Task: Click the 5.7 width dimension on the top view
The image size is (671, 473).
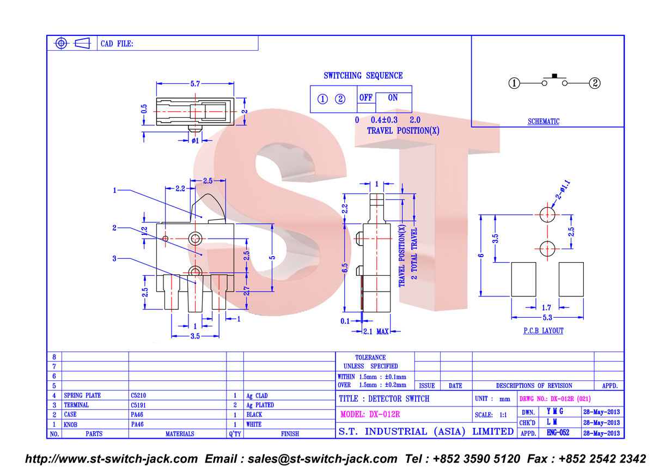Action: [x=195, y=84]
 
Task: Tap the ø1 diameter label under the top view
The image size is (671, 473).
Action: [x=195, y=141]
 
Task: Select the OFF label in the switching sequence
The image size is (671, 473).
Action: [x=366, y=98]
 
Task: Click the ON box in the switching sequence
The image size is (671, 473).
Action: [x=394, y=102]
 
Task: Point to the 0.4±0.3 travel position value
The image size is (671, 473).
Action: [x=384, y=120]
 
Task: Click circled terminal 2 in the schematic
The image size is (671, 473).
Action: [x=595, y=83]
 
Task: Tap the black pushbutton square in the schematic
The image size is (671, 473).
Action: [x=554, y=76]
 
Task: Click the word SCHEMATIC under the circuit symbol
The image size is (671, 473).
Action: [x=544, y=122]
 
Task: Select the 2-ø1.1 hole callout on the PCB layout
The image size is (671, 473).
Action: [x=563, y=190]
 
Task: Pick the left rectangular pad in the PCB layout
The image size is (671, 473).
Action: [x=523, y=280]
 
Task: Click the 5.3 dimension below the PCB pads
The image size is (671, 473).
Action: [x=547, y=318]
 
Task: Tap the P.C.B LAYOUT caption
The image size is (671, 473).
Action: [x=544, y=331]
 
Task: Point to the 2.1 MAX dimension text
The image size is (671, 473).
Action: [x=376, y=331]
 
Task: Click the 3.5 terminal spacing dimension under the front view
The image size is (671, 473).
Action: [x=195, y=336]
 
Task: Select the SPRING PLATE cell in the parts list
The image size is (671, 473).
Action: [x=82, y=396]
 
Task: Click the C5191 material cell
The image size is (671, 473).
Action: [x=138, y=405]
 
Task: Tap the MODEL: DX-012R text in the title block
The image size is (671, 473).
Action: [x=370, y=414]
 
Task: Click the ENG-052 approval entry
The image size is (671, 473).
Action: [x=558, y=433]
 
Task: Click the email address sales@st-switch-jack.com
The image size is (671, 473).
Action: [x=322, y=459]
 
